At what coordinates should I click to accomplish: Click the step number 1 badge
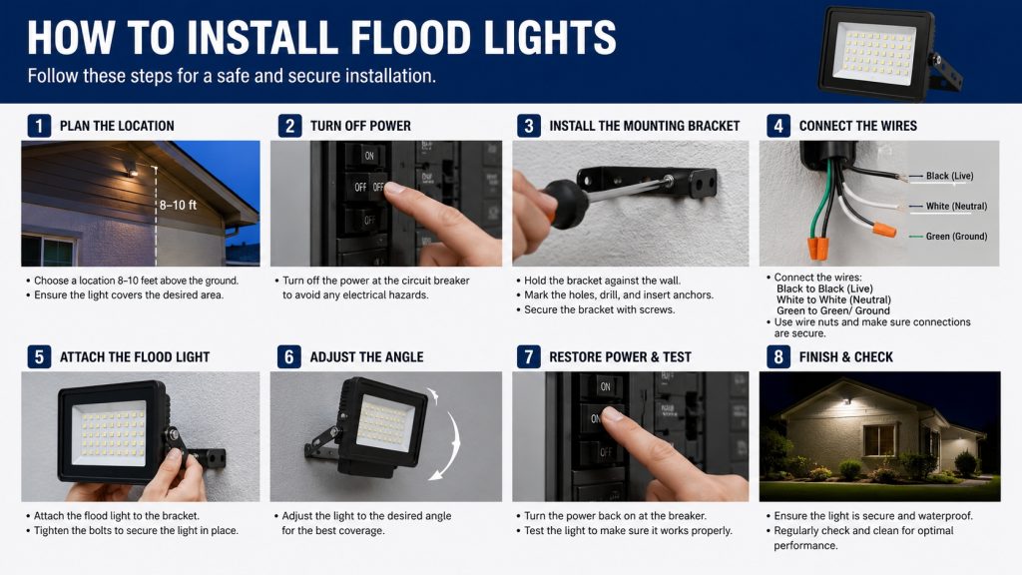pos(39,126)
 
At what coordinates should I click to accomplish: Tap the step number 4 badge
pos(778,126)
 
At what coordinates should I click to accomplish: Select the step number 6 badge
pos(288,357)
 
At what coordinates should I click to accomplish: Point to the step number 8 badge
pos(778,357)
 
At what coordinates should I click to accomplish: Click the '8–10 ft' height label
pos(178,205)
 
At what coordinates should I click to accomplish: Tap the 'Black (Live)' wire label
pos(950,176)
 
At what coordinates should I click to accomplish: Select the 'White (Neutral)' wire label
pos(956,206)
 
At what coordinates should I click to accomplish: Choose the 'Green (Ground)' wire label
pos(956,236)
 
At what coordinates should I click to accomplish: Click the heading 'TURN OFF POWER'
pos(360,126)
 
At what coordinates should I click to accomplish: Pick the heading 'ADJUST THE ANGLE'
pos(366,357)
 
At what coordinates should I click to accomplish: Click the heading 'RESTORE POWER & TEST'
pos(620,357)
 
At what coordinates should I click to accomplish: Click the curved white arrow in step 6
pos(448,433)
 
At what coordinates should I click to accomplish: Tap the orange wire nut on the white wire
pos(884,231)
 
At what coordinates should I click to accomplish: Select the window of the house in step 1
pos(49,251)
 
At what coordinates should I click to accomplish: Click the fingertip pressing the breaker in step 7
pos(612,414)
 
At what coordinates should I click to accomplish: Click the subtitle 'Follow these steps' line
pos(232,76)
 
